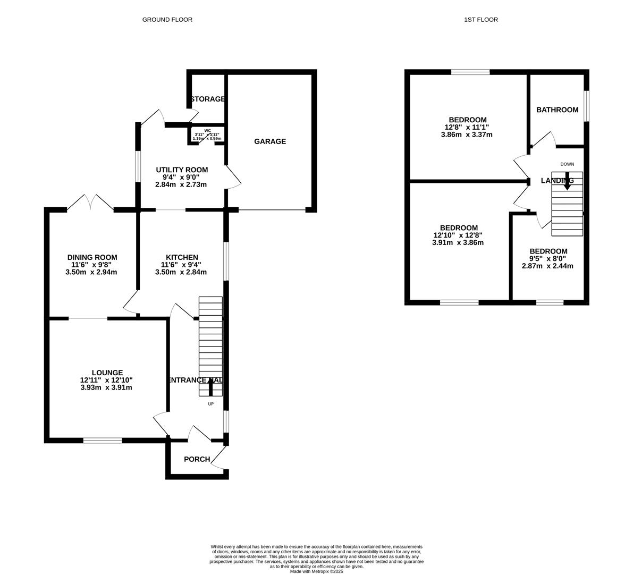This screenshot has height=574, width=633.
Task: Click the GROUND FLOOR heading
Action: click(x=167, y=20)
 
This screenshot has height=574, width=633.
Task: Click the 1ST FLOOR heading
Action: click(x=480, y=20)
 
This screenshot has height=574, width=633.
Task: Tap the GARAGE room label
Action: click(x=269, y=141)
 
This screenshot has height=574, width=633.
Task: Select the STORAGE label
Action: click(x=207, y=99)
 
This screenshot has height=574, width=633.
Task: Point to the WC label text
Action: click(x=207, y=130)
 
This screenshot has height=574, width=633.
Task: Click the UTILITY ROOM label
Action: click(x=181, y=170)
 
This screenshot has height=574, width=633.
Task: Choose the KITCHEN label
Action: click(x=181, y=257)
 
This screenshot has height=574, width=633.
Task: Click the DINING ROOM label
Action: click(x=91, y=257)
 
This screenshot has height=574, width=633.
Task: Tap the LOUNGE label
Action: click(x=107, y=373)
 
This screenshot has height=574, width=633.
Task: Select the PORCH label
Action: click(x=197, y=459)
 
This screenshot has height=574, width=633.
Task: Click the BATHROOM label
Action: click(x=557, y=110)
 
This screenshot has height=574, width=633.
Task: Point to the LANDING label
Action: click(x=556, y=181)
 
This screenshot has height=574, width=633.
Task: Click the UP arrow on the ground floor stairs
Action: click(x=210, y=387)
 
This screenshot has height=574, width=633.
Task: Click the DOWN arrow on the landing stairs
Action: click(x=567, y=181)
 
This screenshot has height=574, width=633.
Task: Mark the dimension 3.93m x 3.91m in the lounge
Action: click(x=106, y=387)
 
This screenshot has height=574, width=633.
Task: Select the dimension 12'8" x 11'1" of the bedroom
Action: click(x=467, y=127)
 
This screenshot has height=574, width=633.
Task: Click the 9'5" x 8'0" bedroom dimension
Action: click(x=547, y=259)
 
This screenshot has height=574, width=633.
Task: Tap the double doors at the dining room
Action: click(x=90, y=203)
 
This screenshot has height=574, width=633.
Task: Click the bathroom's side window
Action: click(x=586, y=106)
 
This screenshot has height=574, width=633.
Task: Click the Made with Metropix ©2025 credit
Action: click(x=316, y=571)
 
